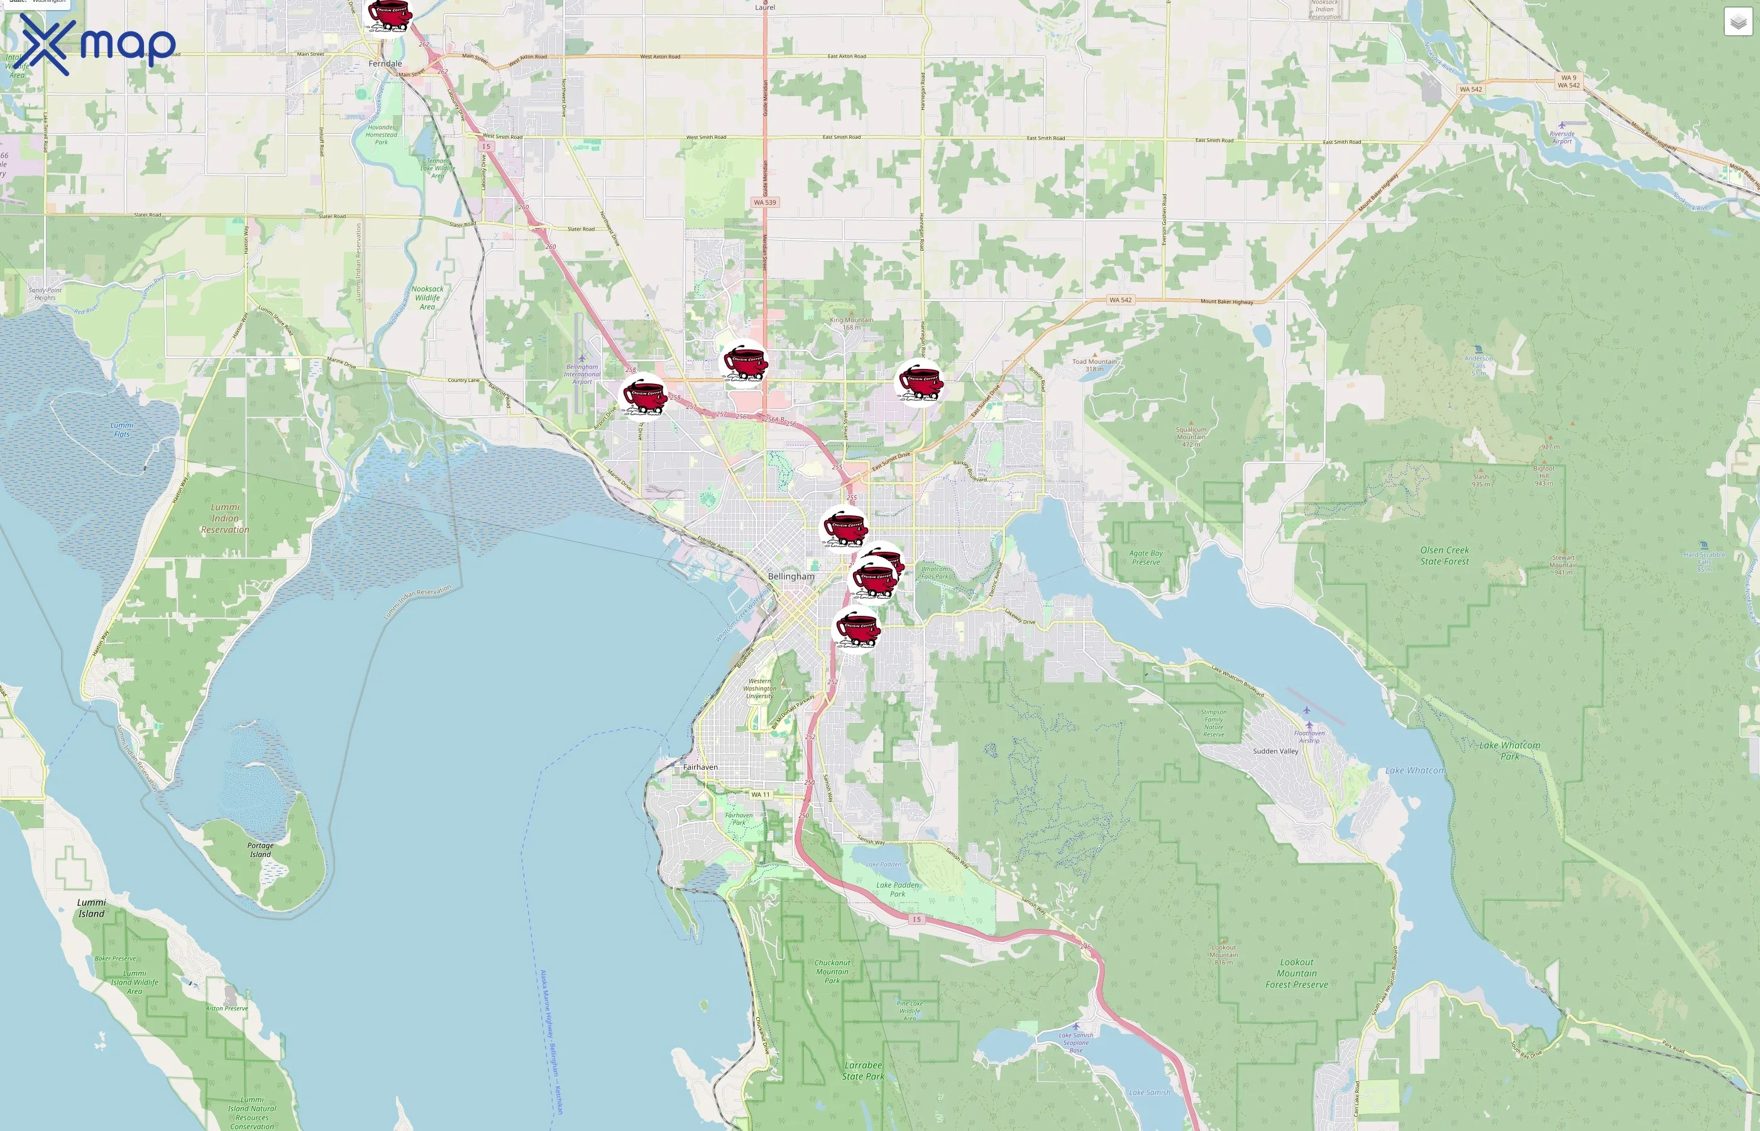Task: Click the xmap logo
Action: pyautogui.click(x=97, y=45)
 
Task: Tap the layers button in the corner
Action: pyautogui.click(x=1737, y=22)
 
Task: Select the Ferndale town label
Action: pyautogui.click(x=385, y=64)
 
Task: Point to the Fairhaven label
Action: pyautogui.click(x=700, y=767)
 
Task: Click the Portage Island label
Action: pyautogui.click(x=260, y=850)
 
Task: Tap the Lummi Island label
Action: pyautogui.click(x=91, y=908)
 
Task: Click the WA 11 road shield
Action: pyautogui.click(x=761, y=795)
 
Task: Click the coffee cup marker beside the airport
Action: pyautogui.click(x=644, y=396)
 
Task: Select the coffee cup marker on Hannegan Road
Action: pyautogui.click(x=920, y=383)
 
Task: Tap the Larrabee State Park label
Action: pyautogui.click(x=862, y=1071)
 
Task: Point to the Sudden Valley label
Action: pyautogui.click(x=1275, y=751)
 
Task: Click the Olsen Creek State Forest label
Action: pyautogui.click(x=1444, y=556)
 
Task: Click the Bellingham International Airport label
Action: pyautogui.click(x=582, y=374)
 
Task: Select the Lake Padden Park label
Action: pyautogui.click(x=897, y=889)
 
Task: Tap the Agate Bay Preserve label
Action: pyautogui.click(x=1145, y=557)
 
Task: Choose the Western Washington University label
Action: pyautogui.click(x=759, y=689)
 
